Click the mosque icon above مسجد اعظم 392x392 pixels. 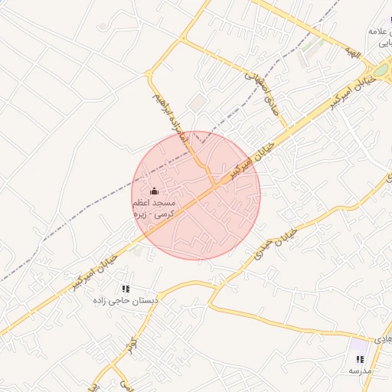tap(155, 191)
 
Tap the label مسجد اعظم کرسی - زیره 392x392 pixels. tap(154, 209)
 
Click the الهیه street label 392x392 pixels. tap(352, 52)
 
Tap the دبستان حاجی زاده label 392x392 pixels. tap(131, 302)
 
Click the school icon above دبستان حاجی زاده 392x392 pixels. tap(126, 289)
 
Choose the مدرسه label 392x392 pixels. tap(360, 371)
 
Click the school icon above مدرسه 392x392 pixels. tap(360, 359)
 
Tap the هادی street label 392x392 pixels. tap(383, 338)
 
